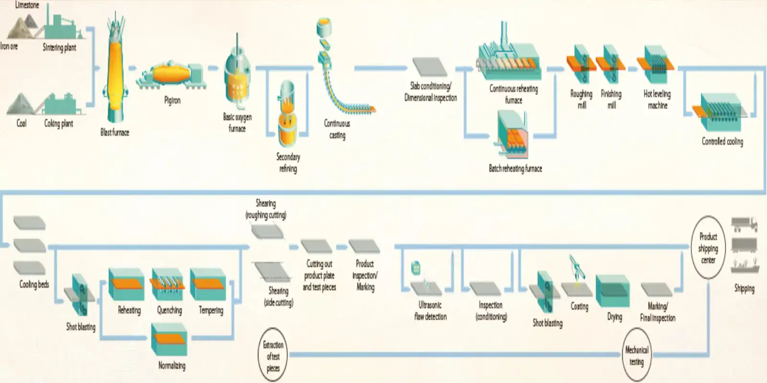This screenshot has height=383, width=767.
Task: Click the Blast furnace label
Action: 115,133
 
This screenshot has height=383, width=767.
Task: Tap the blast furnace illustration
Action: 115,72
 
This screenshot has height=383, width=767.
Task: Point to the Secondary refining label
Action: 288,163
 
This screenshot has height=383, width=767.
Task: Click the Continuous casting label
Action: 337,129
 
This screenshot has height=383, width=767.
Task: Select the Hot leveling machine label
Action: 657,100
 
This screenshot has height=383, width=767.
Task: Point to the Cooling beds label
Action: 34,284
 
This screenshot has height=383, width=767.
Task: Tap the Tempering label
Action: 211,310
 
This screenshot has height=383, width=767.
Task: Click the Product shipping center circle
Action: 708,248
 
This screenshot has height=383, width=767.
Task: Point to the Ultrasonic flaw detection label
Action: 430,311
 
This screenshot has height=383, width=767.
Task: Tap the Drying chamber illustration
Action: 612,292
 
